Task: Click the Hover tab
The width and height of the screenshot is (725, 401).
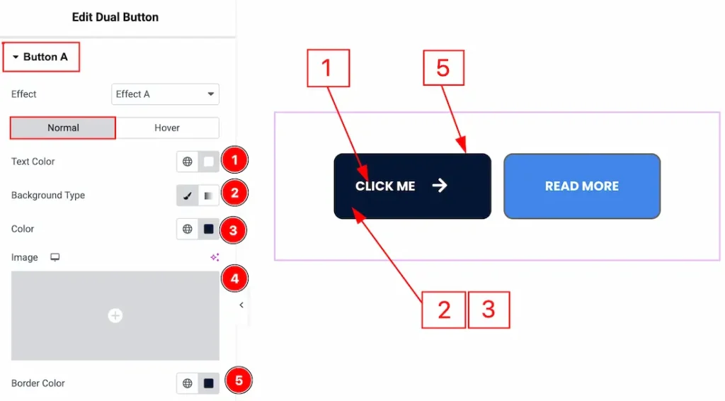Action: pos(167,128)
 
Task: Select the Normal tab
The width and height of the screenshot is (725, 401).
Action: pos(63,128)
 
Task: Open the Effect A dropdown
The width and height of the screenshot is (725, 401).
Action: pos(165,94)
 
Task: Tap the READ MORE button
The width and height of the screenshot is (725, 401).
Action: pos(581,186)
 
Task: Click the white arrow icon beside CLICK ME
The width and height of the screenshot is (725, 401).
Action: pos(440,186)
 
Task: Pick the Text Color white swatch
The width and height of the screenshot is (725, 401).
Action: pos(209,162)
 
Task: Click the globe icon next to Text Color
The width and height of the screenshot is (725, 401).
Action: pos(188,162)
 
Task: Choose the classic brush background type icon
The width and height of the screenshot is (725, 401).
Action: pos(188,196)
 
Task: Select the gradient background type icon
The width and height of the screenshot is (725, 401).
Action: pos(209,196)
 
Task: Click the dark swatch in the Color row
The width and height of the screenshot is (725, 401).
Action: pos(209,230)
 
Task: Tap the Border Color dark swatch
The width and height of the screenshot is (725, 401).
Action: pos(209,383)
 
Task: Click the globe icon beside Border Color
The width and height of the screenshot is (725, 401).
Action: pos(188,383)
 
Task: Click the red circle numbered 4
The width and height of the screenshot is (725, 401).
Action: pos(235,278)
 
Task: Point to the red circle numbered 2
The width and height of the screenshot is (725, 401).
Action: pos(235,192)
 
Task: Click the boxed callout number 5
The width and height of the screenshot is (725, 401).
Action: pos(443,69)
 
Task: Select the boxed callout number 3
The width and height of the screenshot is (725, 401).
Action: pos(489,310)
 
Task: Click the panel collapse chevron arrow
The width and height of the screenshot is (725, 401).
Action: pos(241,305)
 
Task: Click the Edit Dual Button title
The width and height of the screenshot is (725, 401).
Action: pos(115,17)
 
